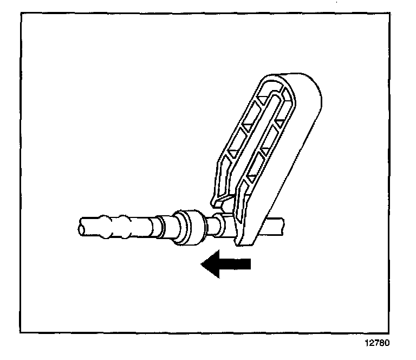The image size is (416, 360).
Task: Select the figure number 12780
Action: tap(377, 343)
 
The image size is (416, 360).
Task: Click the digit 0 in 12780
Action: tap(387, 343)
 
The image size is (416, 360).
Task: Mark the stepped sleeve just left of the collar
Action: tap(162, 227)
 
